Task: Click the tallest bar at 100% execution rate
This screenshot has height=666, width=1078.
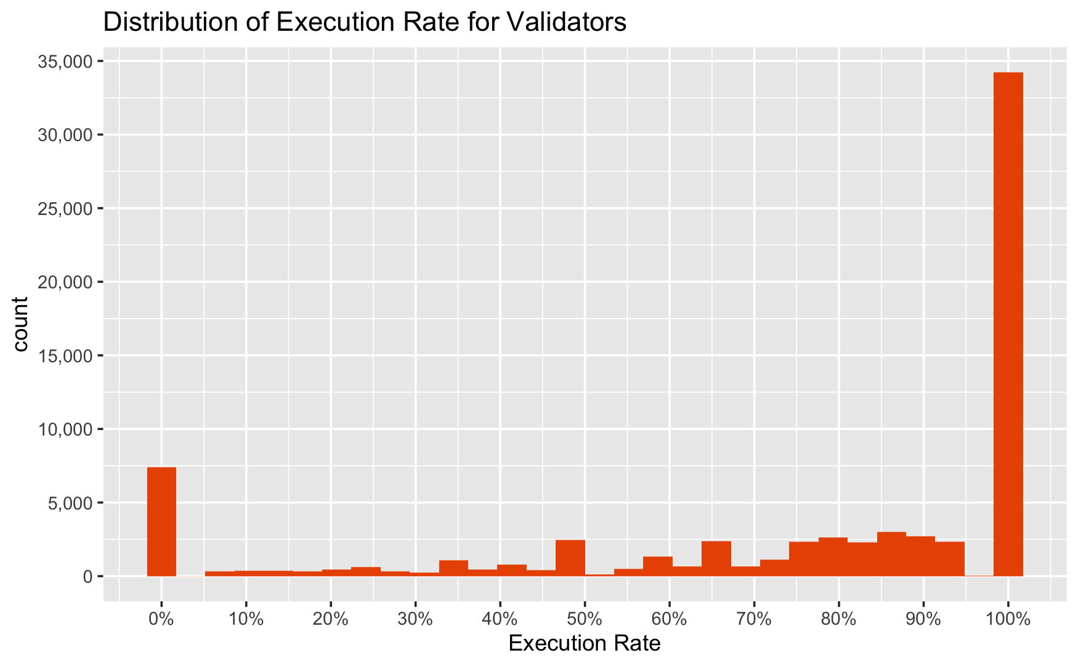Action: [1008, 324]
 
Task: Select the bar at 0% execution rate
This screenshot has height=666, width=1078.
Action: [161, 522]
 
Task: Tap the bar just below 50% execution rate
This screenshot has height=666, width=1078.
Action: [570, 558]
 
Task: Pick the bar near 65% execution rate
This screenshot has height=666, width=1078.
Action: [716, 559]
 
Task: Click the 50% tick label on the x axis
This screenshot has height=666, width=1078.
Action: [585, 620]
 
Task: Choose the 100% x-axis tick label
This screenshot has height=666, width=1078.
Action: [1008, 620]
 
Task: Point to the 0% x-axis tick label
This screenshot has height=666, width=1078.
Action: [161, 620]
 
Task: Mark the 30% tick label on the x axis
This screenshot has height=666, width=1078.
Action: [415, 620]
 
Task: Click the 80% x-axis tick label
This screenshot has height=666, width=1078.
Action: [838, 620]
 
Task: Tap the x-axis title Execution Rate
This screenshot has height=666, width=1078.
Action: [585, 644]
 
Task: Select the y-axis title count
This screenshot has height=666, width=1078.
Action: [21, 324]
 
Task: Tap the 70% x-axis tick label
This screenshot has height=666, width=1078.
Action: [754, 620]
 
